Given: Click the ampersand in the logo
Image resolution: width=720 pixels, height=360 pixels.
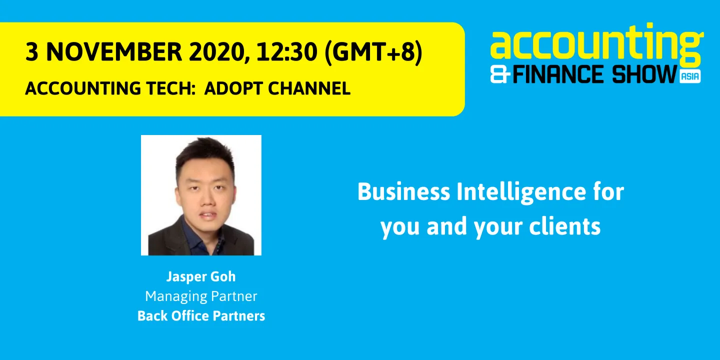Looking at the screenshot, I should click(500, 75).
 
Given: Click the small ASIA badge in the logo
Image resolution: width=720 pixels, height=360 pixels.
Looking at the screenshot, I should click(690, 76).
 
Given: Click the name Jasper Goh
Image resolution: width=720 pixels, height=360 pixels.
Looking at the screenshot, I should click(201, 277).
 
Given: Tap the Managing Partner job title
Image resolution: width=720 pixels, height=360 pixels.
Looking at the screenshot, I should click(201, 296).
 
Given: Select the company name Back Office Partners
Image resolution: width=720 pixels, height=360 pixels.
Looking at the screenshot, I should click(201, 316).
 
